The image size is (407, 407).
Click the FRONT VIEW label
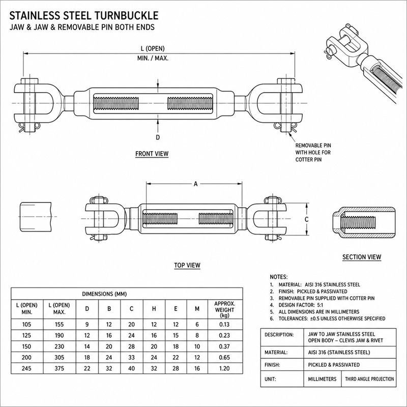(152, 154)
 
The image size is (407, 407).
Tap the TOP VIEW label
(187, 265)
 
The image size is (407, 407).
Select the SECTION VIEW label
(362, 257)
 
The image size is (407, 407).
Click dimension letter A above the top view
(196, 184)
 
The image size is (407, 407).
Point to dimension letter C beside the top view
(307, 220)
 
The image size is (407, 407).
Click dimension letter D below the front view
(158, 137)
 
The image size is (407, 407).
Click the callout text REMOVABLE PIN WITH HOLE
(313, 149)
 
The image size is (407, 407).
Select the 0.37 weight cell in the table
(224, 346)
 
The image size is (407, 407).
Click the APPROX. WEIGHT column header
(225, 309)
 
